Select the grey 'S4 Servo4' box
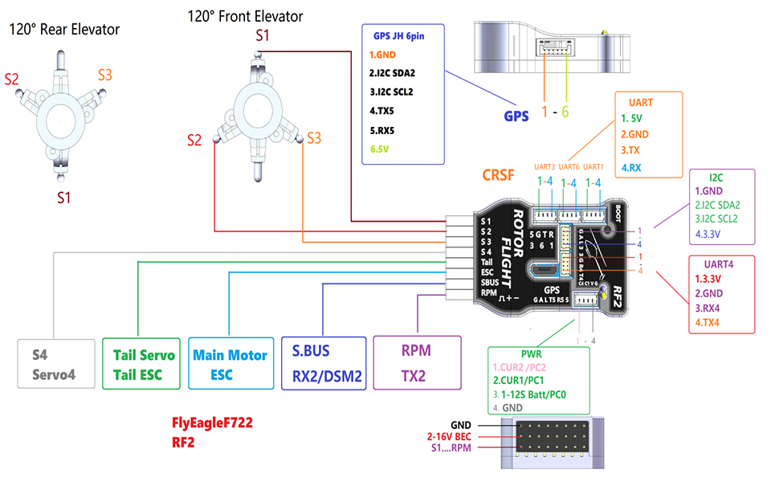tap(53, 364)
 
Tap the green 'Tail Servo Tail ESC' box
tap(140, 364)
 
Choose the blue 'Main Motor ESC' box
tap(230, 364)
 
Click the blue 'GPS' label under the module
tap(516, 116)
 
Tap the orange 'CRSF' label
tap(500, 174)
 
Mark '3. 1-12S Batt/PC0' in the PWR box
tap(539, 394)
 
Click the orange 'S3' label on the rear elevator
tap(105, 75)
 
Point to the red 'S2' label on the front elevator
tap(194, 141)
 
